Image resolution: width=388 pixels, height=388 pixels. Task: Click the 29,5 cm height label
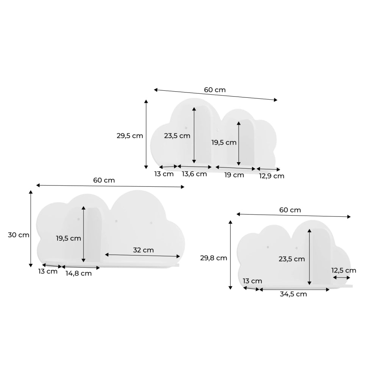click(130, 136)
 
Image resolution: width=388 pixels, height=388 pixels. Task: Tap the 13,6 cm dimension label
click(194, 174)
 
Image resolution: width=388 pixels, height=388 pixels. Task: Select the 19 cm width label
click(234, 175)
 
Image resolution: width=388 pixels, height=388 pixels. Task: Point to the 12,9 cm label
click(272, 176)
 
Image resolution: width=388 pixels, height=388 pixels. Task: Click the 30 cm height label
click(19, 235)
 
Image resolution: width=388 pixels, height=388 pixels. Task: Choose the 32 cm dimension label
click(143, 250)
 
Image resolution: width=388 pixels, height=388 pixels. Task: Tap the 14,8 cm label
click(78, 274)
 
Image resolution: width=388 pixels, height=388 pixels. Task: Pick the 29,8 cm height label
click(214, 258)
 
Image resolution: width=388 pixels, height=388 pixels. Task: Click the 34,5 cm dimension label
click(293, 294)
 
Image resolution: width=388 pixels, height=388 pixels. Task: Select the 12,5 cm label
click(344, 271)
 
